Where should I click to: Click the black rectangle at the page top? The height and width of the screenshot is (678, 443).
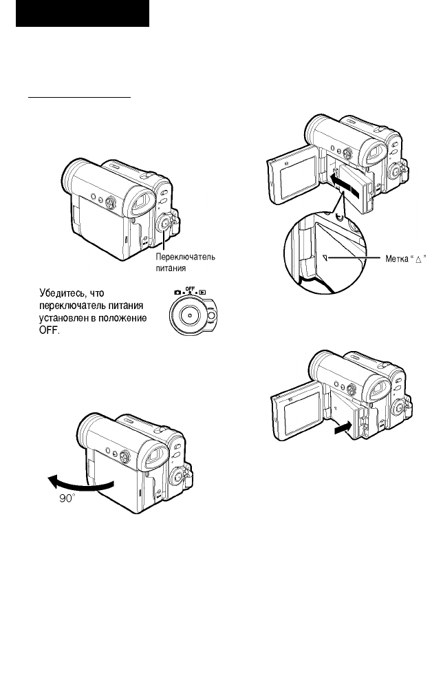[83, 13]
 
